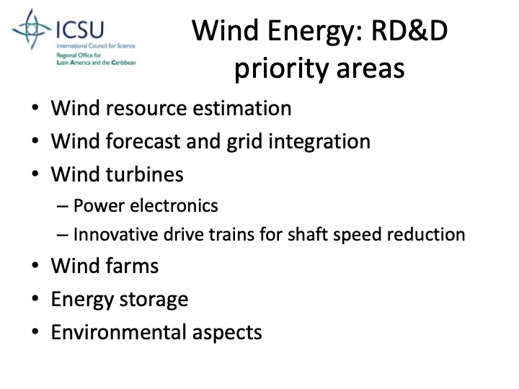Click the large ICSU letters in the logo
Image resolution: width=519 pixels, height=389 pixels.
[80, 31]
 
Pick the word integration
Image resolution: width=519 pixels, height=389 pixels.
[324, 141]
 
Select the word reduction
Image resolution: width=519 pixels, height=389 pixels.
[430, 235]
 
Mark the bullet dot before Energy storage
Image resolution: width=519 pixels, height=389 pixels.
[36, 300]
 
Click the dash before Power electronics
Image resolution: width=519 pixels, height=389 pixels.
[62, 207]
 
